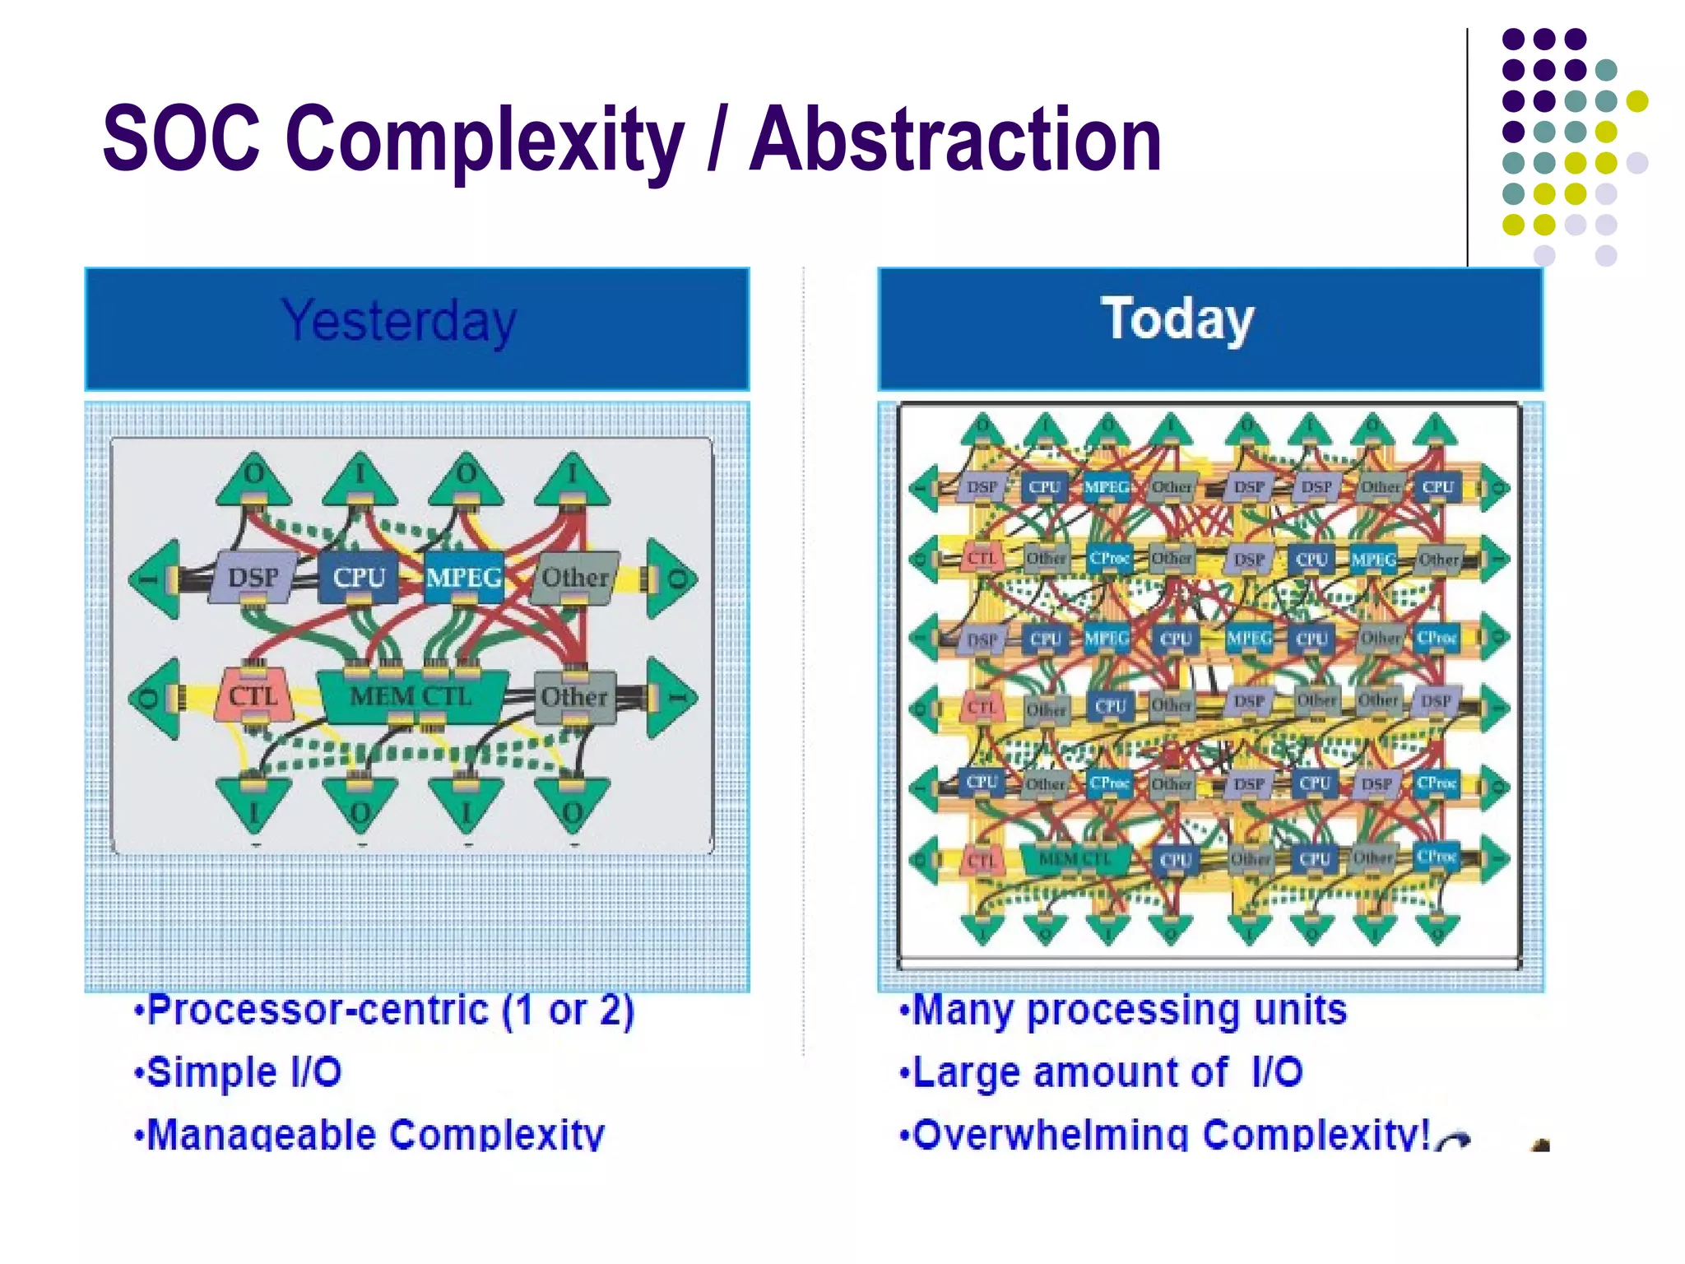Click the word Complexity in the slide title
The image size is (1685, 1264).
pyautogui.click(x=485, y=140)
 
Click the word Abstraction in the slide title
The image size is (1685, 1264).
pyautogui.click(x=955, y=140)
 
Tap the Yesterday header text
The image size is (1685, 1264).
pyautogui.click(x=399, y=321)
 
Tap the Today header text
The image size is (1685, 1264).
pyautogui.click(x=1177, y=319)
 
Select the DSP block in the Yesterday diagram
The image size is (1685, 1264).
pyautogui.click(x=253, y=578)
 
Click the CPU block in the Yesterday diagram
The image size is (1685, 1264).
pyautogui.click(x=359, y=578)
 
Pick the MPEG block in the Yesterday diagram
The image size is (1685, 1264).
pyautogui.click(x=464, y=578)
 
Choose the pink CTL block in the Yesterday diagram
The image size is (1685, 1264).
pyautogui.click(x=252, y=696)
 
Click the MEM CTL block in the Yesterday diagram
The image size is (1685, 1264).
pyautogui.click(x=411, y=696)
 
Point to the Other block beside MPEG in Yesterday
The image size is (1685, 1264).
pyautogui.click(x=574, y=578)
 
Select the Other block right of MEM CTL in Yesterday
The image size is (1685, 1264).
pyautogui.click(x=574, y=697)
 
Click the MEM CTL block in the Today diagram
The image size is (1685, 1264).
pyautogui.click(x=1074, y=859)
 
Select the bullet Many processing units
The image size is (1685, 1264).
pyautogui.click(x=1123, y=1010)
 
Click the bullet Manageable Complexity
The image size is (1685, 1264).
pyautogui.click(x=369, y=1134)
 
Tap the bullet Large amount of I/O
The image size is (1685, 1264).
pyautogui.click(x=1101, y=1072)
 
